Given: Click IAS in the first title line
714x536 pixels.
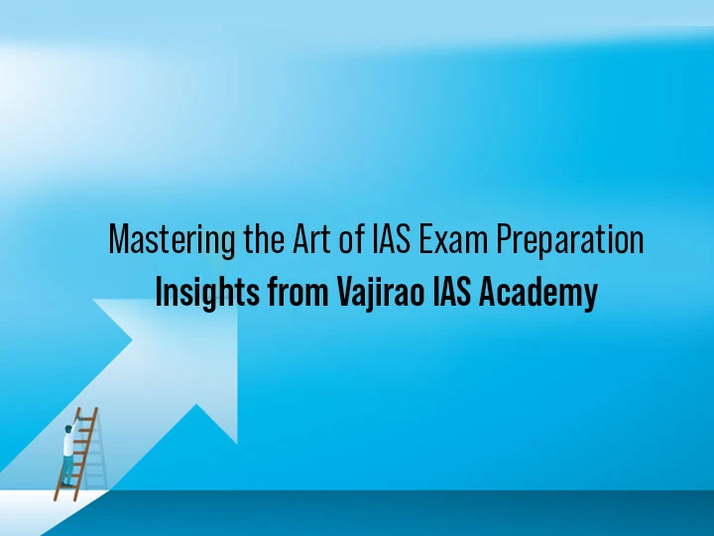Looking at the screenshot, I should point(394,240).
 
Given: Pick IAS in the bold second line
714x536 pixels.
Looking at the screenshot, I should point(455,294).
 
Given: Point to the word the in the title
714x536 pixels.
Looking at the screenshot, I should point(257,240).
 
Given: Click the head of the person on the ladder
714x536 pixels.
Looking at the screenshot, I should point(68,430).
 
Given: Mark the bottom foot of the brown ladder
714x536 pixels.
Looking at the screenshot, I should point(57,498).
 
